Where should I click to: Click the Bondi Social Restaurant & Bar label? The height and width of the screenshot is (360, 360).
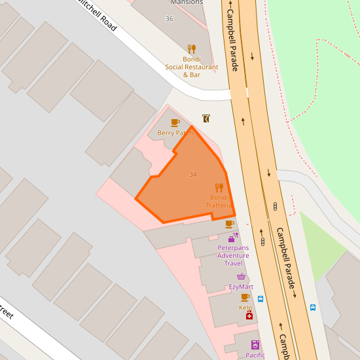[x=191, y=67]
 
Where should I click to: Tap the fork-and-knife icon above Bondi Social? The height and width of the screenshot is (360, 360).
[x=191, y=48]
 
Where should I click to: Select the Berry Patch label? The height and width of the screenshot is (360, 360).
[x=175, y=133]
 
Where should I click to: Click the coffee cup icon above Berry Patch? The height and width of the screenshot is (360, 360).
[x=175, y=122]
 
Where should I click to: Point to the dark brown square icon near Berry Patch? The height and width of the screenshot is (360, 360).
[x=206, y=118]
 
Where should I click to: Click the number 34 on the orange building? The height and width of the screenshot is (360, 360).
[x=192, y=175]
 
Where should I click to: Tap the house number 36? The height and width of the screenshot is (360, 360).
[x=170, y=18]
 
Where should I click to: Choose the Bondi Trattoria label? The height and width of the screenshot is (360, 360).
[x=219, y=202]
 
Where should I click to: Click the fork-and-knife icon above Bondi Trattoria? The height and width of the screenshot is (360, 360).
[x=219, y=188]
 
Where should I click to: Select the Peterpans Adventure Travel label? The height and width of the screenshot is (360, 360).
[x=233, y=255]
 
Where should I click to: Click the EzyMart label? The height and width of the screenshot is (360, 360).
[x=241, y=287]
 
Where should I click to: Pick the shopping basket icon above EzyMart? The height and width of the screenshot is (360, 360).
[x=241, y=276]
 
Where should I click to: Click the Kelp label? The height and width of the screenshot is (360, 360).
[x=245, y=307]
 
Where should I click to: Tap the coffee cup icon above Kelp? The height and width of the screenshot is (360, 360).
[x=245, y=297]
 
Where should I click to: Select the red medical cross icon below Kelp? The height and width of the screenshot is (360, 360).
[x=249, y=316]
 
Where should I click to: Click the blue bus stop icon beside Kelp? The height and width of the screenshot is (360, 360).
[x=261, y=299]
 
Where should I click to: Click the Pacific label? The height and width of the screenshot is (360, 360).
[x=255, y=355]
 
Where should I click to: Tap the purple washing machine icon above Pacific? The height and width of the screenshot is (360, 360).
[x=255, y=344]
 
